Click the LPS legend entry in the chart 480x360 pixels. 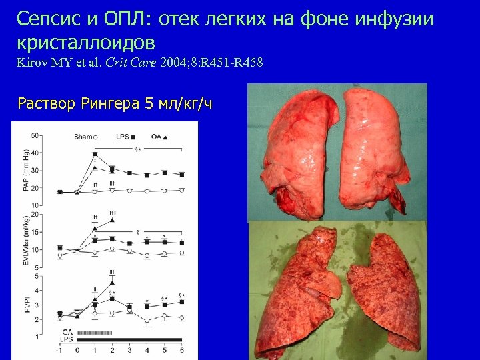pos(123,137)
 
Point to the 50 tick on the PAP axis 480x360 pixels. pos(34,136)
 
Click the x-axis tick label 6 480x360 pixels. pos(183,350)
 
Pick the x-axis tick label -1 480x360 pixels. pos(59,350)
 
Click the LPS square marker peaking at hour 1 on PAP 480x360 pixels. pos(95,154)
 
